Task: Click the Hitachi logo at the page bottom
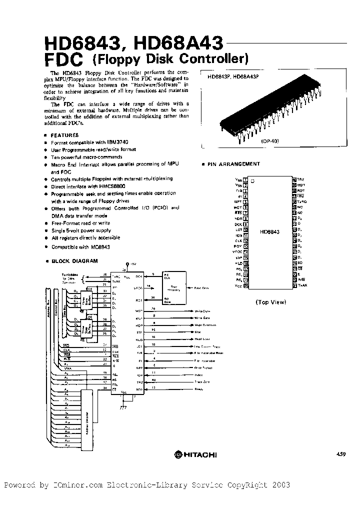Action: tap(195, 454)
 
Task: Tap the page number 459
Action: tap(340, 454)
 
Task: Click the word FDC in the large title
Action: tap(63, 60)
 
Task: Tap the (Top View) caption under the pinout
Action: tap(270, 302)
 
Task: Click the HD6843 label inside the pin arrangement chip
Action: tap(269, 232)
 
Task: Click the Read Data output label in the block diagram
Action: tap(201, 288)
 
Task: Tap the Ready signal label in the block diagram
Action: tap(199, 388)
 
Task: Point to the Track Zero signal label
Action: tap(201, 381)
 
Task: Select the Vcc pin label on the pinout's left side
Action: tap(238, 285)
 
